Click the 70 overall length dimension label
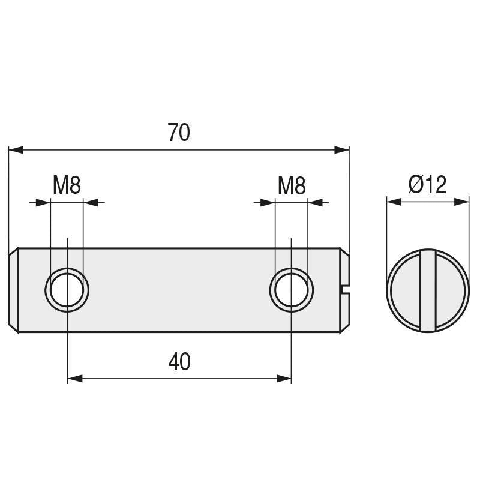tap(179, 133)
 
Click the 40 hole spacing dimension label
tap(179, 362)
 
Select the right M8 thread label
tap(292, 186)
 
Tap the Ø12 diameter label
tap(427, 185)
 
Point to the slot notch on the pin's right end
tap(344, 290)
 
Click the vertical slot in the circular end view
tap(427, 290)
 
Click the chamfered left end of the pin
tap(14, 290)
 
